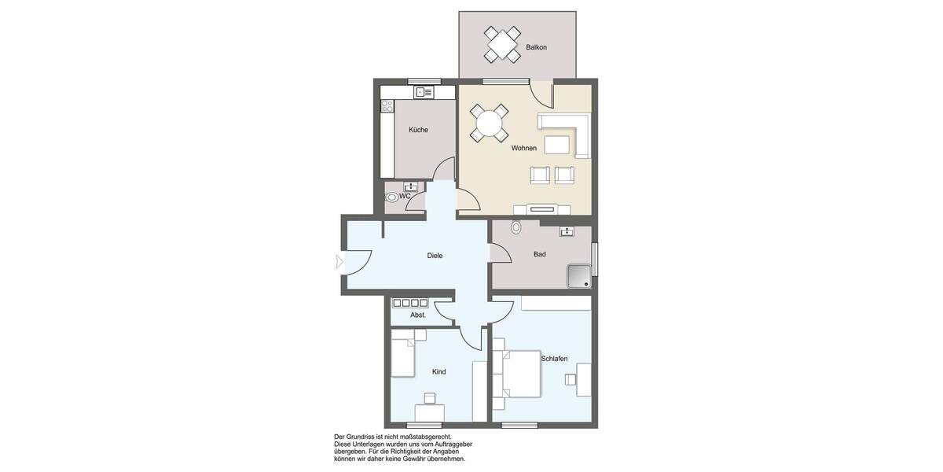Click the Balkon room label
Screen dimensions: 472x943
536,47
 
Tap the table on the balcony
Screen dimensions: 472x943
502,44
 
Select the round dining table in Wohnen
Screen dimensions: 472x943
489,124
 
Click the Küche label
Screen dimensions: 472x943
418,130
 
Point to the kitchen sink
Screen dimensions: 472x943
424,92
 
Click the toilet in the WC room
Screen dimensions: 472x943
391,197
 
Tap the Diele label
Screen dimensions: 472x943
435,255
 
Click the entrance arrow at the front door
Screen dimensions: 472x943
339,262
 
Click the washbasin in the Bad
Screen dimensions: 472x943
567,230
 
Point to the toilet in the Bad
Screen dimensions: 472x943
516,227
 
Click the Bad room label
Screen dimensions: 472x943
539,254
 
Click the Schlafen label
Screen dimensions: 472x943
554,358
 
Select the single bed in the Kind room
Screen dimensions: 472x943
402,354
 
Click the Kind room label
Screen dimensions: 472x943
438,371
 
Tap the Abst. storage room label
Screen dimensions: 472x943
418,315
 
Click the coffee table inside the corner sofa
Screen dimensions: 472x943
556,144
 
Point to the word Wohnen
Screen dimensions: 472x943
524,148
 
